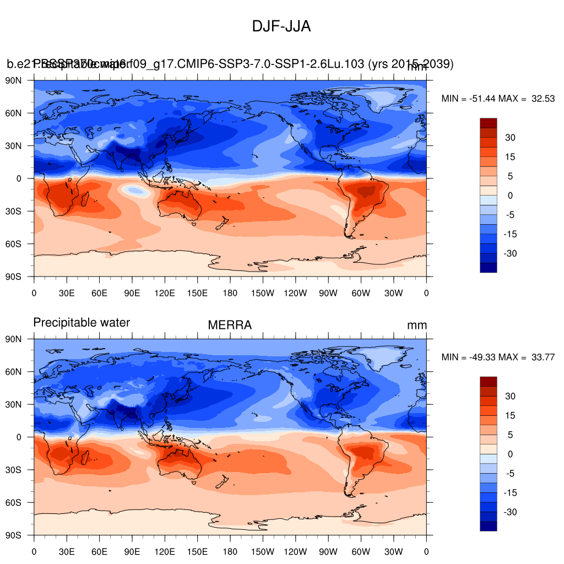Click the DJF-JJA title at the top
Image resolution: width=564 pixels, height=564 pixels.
(x=281, y=26)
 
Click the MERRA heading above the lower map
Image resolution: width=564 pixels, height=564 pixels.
(x=230, y=326)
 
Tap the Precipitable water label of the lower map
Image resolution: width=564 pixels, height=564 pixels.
(x=82, y=323)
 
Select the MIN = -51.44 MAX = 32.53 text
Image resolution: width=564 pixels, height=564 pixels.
(x=498, y=99)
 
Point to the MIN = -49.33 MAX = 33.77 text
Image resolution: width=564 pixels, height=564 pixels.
(x=498, y=357)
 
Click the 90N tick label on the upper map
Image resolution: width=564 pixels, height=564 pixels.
(x=20, y=80)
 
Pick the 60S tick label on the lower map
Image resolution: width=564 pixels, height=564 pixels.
(x=20, y=502)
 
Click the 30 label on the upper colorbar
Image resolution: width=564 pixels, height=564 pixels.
(x=511, y=138)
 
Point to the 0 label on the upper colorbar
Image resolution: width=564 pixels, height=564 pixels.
(x=511, y=196)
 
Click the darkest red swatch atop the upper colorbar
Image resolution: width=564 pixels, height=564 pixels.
(x=489, y=123)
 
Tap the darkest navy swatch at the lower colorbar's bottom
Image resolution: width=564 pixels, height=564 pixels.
(x=489, y=526)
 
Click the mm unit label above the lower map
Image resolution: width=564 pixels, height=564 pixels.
(x=417, y=326)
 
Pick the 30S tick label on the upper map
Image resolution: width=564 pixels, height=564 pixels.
(x=20, y=211)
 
